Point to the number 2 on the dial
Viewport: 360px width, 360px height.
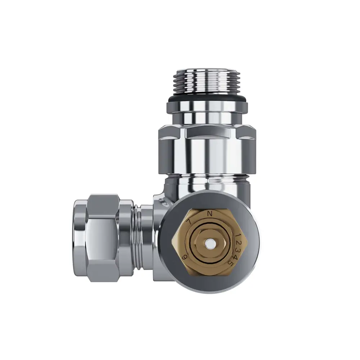pos(238,242)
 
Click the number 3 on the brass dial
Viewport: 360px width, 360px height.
pos(238,249)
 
